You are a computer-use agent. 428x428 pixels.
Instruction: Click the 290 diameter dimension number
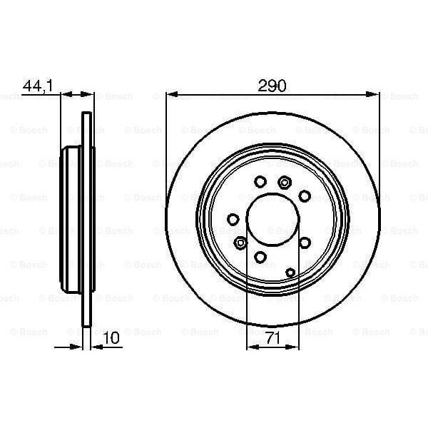272,86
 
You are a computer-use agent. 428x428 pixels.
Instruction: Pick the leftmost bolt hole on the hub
232,220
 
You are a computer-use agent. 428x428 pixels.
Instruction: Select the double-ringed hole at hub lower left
241,243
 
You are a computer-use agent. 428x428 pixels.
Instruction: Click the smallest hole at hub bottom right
291,271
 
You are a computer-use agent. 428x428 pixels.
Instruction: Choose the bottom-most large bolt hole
260,258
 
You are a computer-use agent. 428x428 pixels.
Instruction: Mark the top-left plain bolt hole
260,181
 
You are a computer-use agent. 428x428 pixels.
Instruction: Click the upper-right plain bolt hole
304,195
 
